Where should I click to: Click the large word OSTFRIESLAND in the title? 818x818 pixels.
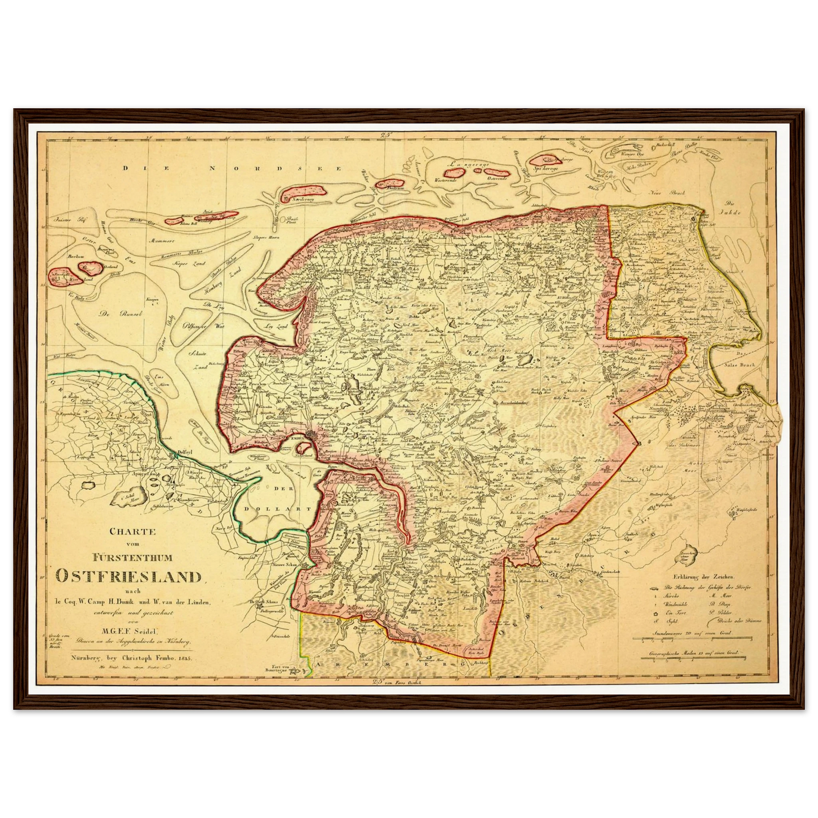pos(129,576)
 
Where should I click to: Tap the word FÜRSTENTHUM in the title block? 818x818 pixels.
pos(130,558)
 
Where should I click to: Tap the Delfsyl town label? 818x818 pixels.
pos(186,452)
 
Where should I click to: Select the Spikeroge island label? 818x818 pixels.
pos(545,168)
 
